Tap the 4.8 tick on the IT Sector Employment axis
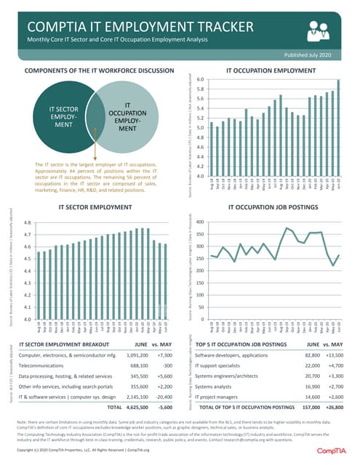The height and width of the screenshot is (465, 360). (x=27, y=223)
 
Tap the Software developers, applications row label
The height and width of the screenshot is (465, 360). (x=233, y=355)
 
